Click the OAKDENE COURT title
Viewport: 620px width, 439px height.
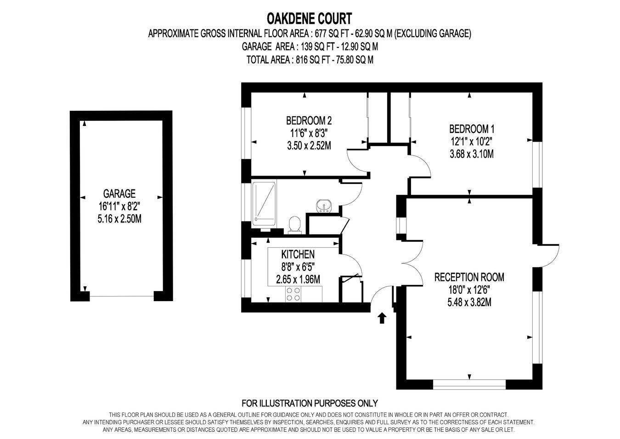click(x=309, y=19)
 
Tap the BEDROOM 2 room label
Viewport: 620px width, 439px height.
click(x=309, y=121)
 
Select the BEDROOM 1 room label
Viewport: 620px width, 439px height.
click(x=472, y=129)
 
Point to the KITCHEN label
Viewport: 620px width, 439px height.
click(x=298, y=254)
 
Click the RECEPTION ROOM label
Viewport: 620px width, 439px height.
click(x=469, y=277)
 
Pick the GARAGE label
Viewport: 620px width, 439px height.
click(x=119, y=194)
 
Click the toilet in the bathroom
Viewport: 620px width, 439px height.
click(x=294, y=225)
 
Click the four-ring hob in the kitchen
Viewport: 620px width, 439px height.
click(x=293, y=294)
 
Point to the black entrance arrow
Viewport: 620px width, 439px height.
click(x=382, y=318)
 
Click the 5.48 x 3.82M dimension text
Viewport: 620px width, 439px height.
click(x=469, y=302)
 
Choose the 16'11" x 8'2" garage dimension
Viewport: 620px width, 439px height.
click(x=119, y=206)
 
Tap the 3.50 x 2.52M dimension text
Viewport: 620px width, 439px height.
click(x=309, y=146)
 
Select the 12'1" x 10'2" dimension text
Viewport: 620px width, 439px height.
click(x=472, y=142)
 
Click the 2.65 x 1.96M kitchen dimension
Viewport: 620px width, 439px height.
click(x=298, y=279)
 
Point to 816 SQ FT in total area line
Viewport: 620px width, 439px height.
click(x=313, y=60)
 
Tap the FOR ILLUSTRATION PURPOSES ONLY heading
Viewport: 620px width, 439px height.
click(x=310, y=403)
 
